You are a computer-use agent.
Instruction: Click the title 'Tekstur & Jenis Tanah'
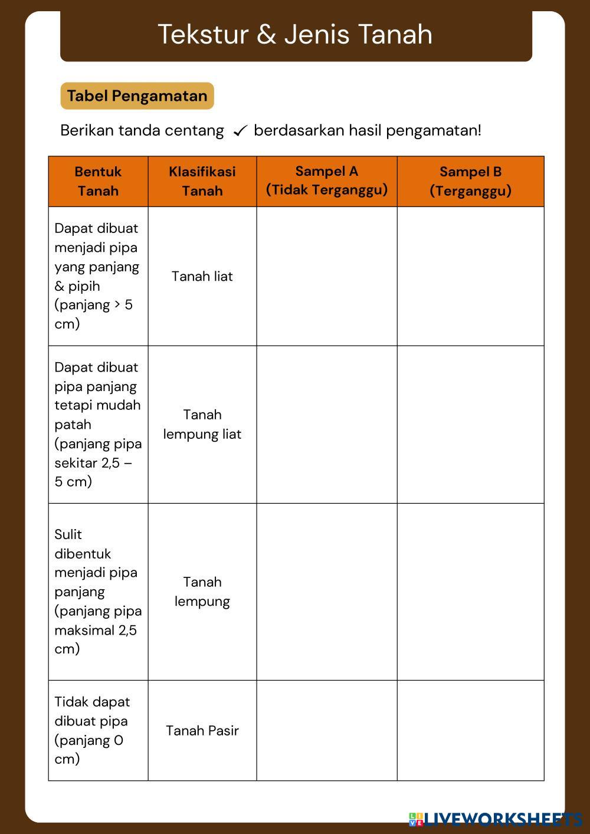[x=295, y=34]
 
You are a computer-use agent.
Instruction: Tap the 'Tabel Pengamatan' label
[x=137, y=96]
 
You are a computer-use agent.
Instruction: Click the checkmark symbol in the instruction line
[x=240, y=131]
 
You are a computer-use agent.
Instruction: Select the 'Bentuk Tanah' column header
[x=98, y=181]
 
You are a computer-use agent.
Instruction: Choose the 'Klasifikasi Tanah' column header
[x=202, y=181]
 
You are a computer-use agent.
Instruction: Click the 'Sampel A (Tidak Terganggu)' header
[x=326, y=180]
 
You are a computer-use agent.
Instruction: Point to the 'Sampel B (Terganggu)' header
[x=470, y=181]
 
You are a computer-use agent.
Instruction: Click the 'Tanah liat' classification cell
[x=202, y=276]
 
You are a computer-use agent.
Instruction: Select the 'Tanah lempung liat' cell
[x=202, y=424]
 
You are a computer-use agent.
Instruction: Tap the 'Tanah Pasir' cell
[x=202, y=730]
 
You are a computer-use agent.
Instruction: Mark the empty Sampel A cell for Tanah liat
[x=326, y=276]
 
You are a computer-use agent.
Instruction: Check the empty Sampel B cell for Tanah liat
[x=470, y=276]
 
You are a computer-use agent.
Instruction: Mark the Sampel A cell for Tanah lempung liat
[x=326, y=424]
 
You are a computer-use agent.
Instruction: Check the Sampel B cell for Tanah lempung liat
[x=470, y=424]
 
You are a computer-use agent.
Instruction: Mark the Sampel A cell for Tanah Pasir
[x=326, y=730]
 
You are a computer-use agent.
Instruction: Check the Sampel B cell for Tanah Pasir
[x=470, y=730]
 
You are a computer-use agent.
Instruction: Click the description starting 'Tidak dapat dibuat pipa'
[x=92, y=730]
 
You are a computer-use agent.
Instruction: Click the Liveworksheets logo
[x=495, y=819]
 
